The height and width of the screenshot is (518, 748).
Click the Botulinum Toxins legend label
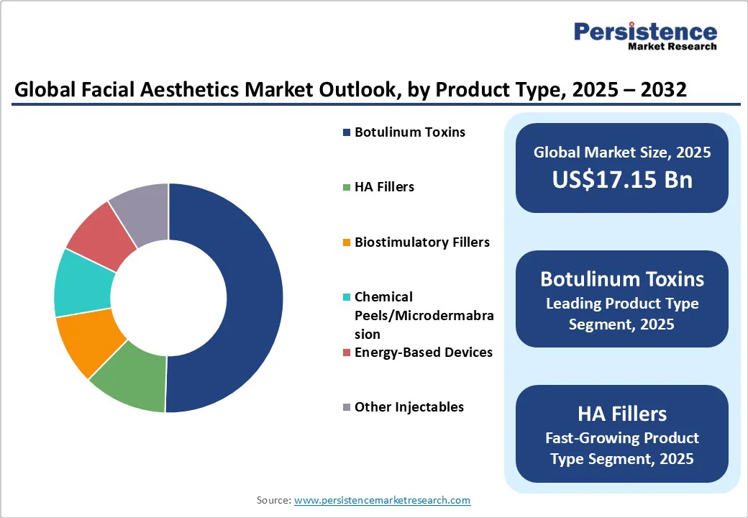[409, 132]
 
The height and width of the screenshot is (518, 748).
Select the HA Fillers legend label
[384, 187]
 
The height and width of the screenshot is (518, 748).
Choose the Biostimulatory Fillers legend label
[421, 242]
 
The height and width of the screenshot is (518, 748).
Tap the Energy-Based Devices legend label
[423, 352]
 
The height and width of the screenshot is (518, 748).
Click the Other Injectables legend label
[409, 406]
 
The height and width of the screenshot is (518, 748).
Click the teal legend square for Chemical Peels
[347, 297]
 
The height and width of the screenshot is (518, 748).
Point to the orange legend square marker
[347, 242]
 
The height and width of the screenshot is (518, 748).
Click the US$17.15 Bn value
[622, 179]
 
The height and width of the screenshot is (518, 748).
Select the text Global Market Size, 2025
[622, 152]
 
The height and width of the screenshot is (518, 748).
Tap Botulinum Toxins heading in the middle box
[622, 279]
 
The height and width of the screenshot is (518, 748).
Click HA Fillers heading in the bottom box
[622, 414]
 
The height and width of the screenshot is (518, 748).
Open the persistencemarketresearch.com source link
[382, 500]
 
